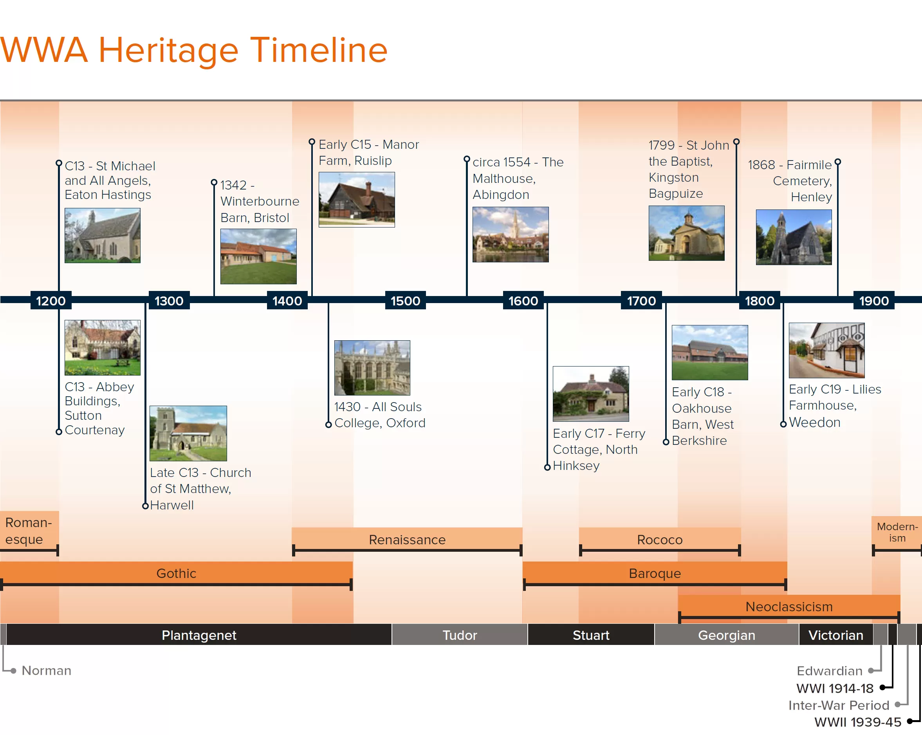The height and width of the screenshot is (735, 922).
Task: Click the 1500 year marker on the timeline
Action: tap(406, 300)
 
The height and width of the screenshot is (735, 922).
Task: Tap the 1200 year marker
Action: tap(51, 300)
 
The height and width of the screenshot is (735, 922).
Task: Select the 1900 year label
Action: tap(874, 300)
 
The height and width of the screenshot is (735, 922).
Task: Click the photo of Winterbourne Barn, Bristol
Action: tap(258, 256)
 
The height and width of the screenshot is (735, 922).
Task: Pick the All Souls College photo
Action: tap(372, 367)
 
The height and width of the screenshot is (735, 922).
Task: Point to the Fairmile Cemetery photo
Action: tap(794, 237)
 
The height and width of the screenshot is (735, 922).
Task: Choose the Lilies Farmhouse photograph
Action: tap(826, 350)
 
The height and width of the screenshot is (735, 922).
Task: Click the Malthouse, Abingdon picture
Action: tap(511, 235)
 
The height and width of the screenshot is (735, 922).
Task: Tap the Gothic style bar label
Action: tap(176, 573)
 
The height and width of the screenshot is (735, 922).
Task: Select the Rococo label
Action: tap(660, 540)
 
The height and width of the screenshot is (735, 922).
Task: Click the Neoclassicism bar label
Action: tap(789, 606)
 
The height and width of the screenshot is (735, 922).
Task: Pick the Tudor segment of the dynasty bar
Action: tap(460, 635)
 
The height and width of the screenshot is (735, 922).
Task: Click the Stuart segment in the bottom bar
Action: tap(591, 635)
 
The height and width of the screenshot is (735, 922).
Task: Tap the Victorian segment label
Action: tap(835, 635)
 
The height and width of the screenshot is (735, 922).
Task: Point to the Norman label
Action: tap(47, 670)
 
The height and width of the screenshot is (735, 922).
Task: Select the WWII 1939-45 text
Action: tap(858, 722)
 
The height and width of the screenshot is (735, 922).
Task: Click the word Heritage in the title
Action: tap(168, 51)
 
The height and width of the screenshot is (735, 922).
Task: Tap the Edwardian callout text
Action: tap(829, 670)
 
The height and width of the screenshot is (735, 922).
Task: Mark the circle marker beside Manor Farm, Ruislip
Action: tap(312, 142)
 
